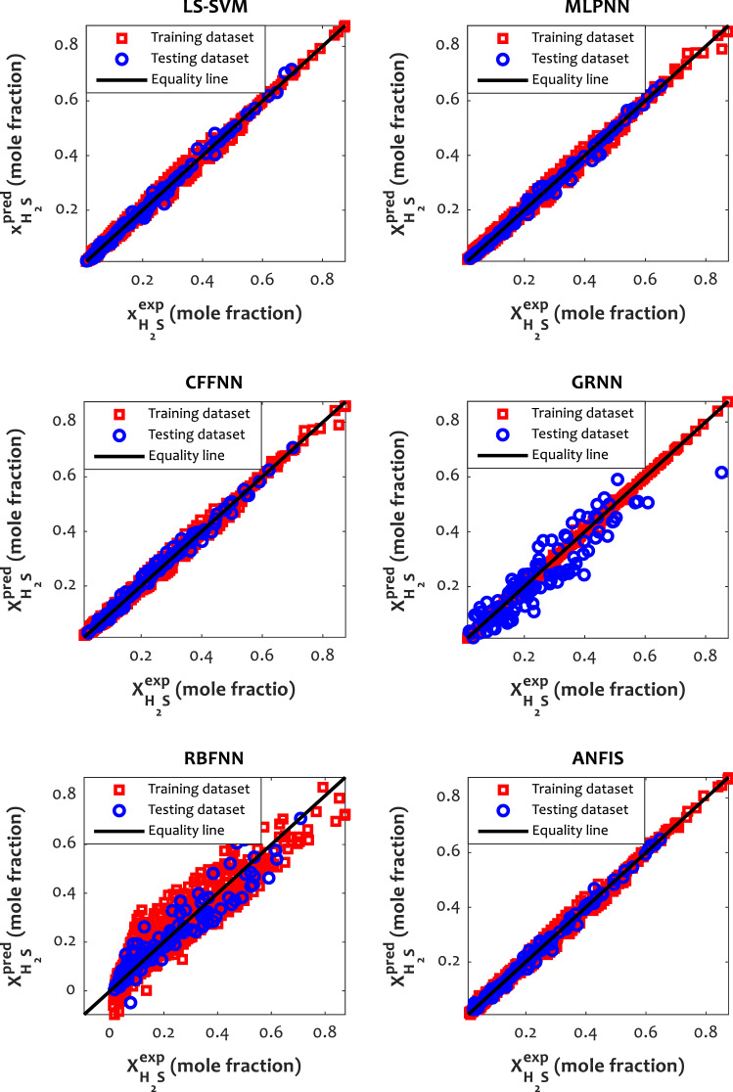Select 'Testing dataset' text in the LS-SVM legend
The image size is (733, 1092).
click(187, 58)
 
